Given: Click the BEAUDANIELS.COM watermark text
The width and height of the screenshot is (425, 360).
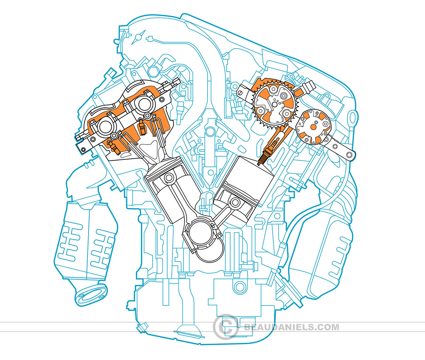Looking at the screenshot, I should [291, 327].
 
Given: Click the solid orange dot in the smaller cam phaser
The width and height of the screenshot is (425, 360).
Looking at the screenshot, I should [314, 126].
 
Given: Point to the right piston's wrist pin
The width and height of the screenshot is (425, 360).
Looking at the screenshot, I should [234, 203].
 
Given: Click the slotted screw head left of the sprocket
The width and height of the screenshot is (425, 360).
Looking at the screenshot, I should [241, 93].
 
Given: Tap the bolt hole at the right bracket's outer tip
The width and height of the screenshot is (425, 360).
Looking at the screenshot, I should [350, 155].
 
